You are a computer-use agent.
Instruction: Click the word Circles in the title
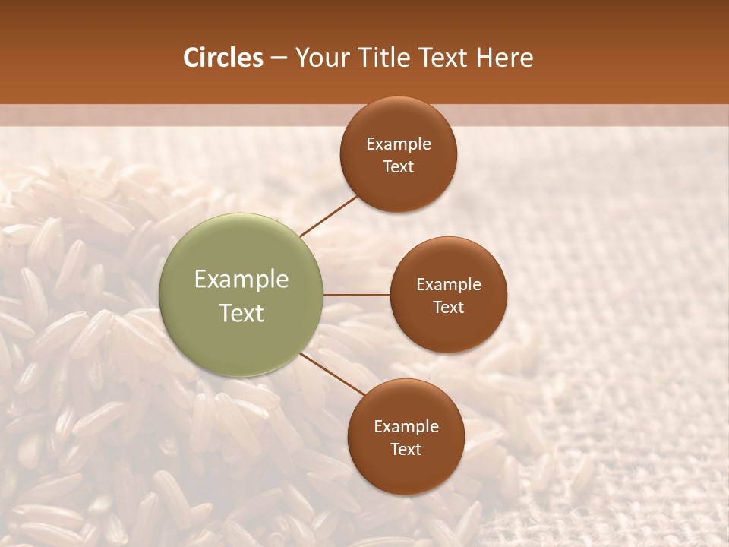click(222, 58)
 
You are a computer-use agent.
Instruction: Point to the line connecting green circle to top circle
click(328, 216)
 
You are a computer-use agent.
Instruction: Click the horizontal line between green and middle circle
click(356, 295)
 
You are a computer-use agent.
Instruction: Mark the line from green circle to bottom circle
click(333, 374)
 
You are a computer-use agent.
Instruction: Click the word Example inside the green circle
click(241, 280)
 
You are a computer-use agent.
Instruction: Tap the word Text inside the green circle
click(241, 313)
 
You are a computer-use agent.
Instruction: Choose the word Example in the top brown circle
click(399, 144)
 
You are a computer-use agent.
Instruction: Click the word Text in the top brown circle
click(399, 167)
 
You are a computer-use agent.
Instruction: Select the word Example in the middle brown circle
click(448, 285)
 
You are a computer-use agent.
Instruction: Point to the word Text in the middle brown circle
click(448, 308)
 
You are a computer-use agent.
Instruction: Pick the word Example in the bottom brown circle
click(406, 427)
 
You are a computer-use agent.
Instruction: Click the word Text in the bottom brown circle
click(406, 450)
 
